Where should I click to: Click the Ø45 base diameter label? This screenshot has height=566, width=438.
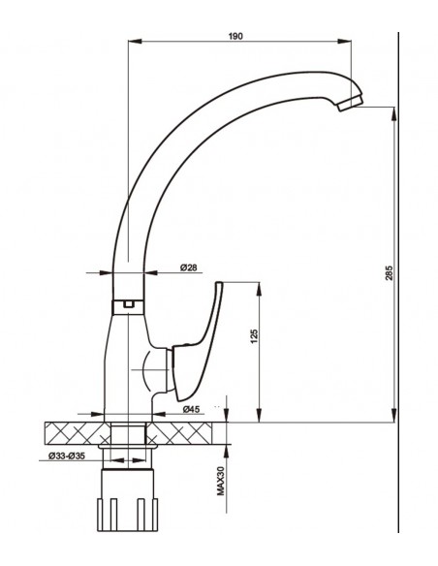[192, 410]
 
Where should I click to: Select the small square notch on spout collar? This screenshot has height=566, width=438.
[126, 304]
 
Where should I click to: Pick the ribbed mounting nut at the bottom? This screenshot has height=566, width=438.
[129, 511]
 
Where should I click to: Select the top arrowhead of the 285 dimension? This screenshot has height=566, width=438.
[392, 110]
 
